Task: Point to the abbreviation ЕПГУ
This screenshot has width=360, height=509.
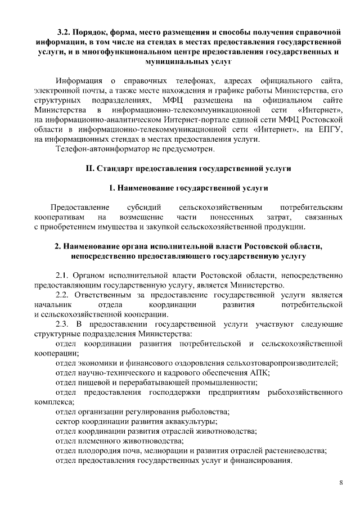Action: [327, 130]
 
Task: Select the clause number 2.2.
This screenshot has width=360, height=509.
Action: [63, 295]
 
